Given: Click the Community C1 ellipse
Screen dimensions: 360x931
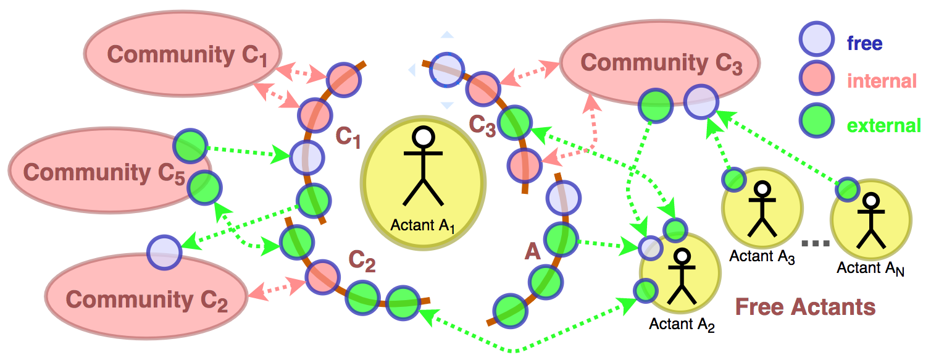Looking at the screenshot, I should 183,54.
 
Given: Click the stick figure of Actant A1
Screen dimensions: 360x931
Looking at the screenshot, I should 423,166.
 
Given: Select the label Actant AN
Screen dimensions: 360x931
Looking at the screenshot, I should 870,269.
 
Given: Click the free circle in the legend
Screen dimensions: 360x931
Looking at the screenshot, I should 815,40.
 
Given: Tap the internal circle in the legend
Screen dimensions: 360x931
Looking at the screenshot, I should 815,79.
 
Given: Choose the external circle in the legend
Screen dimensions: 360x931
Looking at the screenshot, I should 815,121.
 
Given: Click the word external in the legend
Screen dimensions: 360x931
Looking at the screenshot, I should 883,126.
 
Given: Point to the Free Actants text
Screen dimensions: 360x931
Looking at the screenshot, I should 805,306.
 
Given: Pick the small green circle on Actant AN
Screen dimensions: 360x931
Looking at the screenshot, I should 846,190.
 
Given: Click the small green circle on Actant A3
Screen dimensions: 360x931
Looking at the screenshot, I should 734,179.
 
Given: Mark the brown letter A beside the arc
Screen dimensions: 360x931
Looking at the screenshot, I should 532,251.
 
